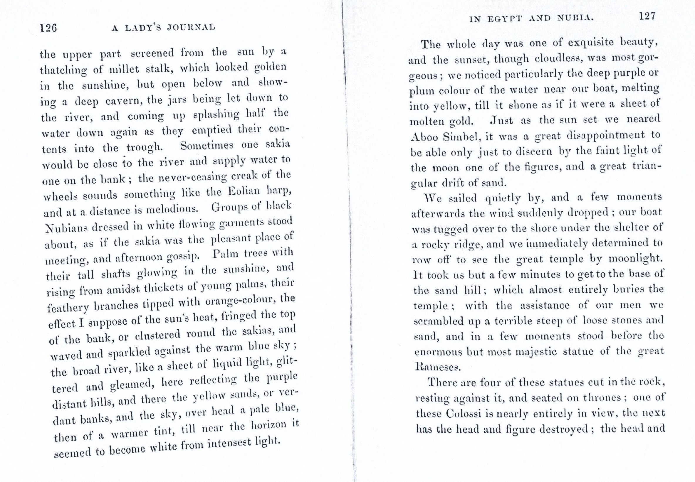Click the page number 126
[48, 28]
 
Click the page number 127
[647, 16]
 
